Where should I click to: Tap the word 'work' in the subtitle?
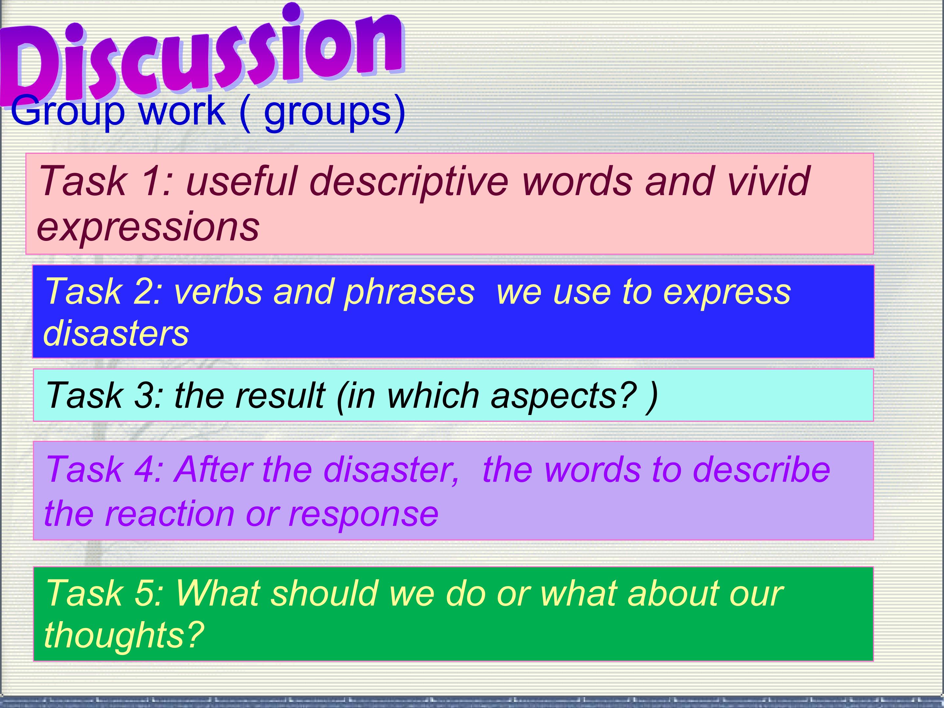pyautogui.click(x=182, y=110)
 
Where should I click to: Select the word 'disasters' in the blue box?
pyautogui.click(x=116, y=333)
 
